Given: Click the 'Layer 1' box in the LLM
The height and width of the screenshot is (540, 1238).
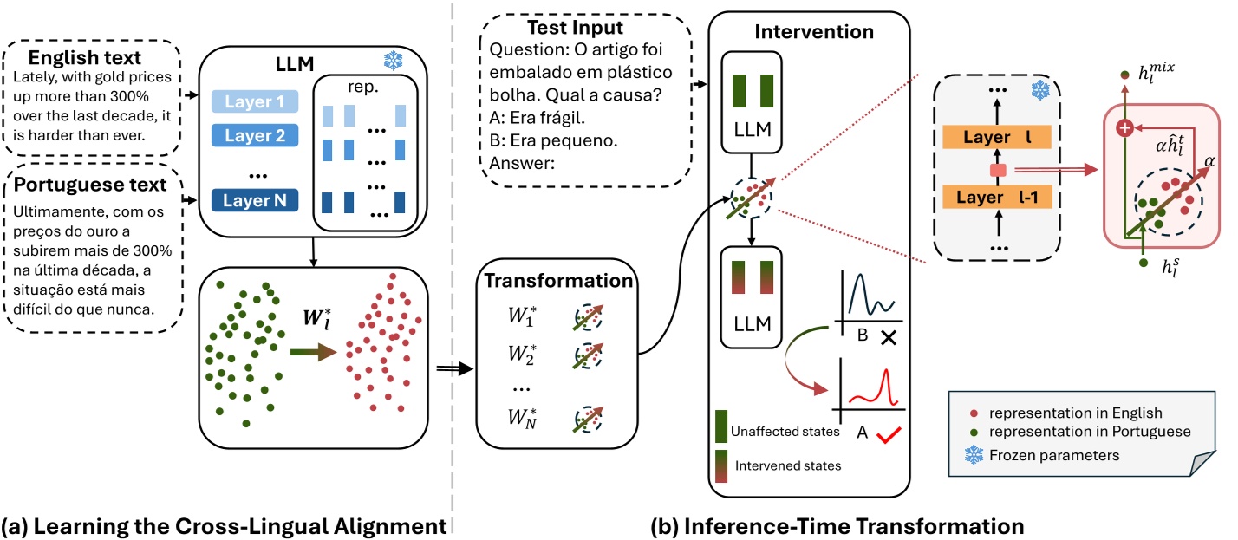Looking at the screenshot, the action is coord(255,101).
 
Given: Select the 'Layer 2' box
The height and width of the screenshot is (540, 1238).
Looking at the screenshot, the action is coord(255,135).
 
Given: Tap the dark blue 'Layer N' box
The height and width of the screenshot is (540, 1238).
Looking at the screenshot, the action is coord(255,200).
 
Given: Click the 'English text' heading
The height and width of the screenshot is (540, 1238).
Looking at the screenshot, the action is coord(85,57).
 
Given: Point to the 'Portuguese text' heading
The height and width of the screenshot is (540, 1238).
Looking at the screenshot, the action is coord(89,185).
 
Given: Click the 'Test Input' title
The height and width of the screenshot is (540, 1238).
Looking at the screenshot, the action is coord(575,28).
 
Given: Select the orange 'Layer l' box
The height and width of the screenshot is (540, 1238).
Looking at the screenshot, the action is coord(996,137).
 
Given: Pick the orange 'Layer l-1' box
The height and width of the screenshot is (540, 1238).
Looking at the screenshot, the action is coord(996,197).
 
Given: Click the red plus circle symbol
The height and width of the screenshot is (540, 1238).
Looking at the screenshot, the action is coord(1124,128).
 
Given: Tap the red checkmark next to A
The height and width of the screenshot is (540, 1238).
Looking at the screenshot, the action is coord(889,435).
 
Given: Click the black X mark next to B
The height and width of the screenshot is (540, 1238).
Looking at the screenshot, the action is coord(888,337).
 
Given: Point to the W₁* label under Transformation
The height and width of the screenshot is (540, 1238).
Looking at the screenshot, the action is coord(522,316).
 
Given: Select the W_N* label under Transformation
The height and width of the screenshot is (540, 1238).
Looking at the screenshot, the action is coord(522,418).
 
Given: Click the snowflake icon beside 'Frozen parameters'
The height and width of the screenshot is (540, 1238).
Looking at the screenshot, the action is coord(974,455).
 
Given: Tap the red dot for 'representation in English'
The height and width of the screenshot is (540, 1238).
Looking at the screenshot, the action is coord(974,413).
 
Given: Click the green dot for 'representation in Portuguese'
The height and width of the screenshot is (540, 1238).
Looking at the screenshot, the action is coord(974,433).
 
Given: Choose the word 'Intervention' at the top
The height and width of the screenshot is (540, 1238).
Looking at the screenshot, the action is coord(814,31).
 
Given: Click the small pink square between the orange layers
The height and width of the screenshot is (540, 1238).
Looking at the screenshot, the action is coord(998,170).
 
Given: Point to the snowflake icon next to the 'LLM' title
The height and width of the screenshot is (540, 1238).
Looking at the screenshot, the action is coord(393,61).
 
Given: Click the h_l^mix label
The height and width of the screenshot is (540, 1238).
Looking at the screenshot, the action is coord(1157,73).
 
